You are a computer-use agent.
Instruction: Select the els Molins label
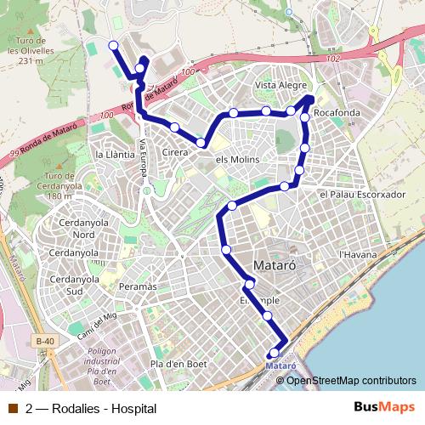238,160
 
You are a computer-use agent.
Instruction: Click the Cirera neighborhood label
174,151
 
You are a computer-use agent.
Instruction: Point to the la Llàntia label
115,155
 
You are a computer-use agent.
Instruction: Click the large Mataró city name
275,264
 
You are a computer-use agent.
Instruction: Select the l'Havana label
357,254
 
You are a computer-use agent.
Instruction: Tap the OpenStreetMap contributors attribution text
351,380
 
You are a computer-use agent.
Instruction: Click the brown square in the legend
12,408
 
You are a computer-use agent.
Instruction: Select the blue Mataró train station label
281,365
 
